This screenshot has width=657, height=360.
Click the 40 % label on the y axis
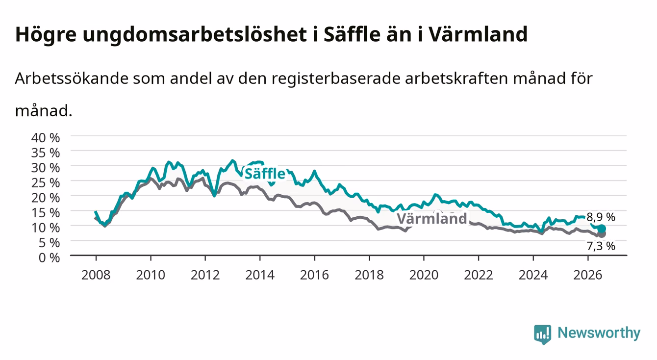pos(46,138)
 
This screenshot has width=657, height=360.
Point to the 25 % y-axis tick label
pos(46,183)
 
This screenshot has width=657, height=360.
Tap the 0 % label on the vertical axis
pos(49,257)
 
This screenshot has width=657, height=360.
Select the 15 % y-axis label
pos(46,213)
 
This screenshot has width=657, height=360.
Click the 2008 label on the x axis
pos(96,275)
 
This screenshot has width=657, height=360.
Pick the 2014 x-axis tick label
pos(260,275)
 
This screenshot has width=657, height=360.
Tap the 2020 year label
pos(424,275)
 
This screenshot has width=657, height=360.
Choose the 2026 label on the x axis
pos(588,275)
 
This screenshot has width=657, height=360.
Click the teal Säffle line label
pos(265,174)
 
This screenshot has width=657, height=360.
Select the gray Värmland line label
pos(432,219)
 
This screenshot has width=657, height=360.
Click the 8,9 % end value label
pos(601,217)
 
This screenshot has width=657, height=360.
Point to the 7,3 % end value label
pos(601,246)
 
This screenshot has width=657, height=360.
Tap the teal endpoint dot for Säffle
pos(602,229)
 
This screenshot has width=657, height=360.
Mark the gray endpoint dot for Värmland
pos(602,234)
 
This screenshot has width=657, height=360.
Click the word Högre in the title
pos(46,35)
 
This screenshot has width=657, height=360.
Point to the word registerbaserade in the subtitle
pos(336,79)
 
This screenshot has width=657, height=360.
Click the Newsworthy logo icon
pos(543,334)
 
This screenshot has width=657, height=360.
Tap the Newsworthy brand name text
pos(599,333)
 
